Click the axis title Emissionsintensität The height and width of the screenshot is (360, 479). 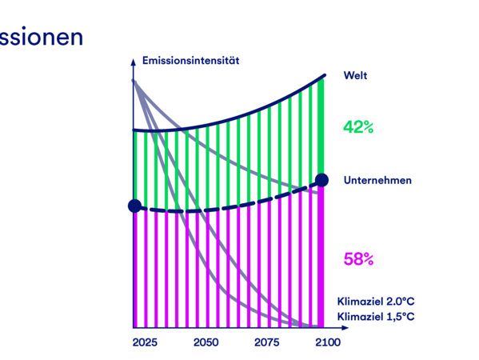(190, 61)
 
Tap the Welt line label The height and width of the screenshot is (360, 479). (355, 75)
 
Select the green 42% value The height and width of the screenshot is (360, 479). (358, 127)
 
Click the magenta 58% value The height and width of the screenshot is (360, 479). (358, 259)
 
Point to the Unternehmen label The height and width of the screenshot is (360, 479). (377, 180)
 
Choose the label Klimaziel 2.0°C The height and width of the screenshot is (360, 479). (376, 302)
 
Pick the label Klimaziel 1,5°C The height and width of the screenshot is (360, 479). (376, 317)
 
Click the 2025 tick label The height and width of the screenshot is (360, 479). (145, 342)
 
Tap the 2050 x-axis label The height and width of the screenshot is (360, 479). (206, 342)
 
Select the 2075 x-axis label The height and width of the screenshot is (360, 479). (266, 342)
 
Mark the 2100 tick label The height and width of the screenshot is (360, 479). (328, 342)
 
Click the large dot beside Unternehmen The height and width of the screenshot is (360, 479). (321, 180)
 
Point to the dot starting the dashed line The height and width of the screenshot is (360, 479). (134, 206)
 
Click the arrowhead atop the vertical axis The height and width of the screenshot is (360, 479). (134, 62)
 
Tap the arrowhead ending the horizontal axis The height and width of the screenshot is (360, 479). (345, 328)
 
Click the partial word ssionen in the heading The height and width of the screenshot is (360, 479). (42, 38)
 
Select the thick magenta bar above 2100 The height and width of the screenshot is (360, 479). (321, 257)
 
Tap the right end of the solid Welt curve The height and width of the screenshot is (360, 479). (325, 75)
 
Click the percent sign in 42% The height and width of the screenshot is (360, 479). (369, 127)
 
